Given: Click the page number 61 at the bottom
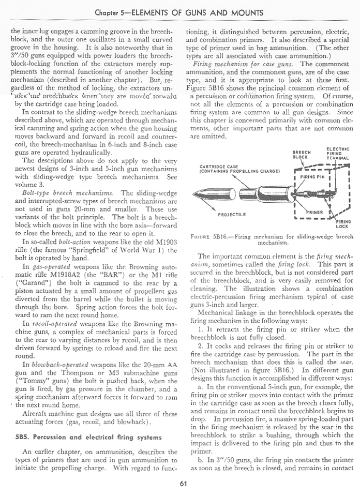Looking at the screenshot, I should pos(183,484).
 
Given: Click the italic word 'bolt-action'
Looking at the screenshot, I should pos(78,241).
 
